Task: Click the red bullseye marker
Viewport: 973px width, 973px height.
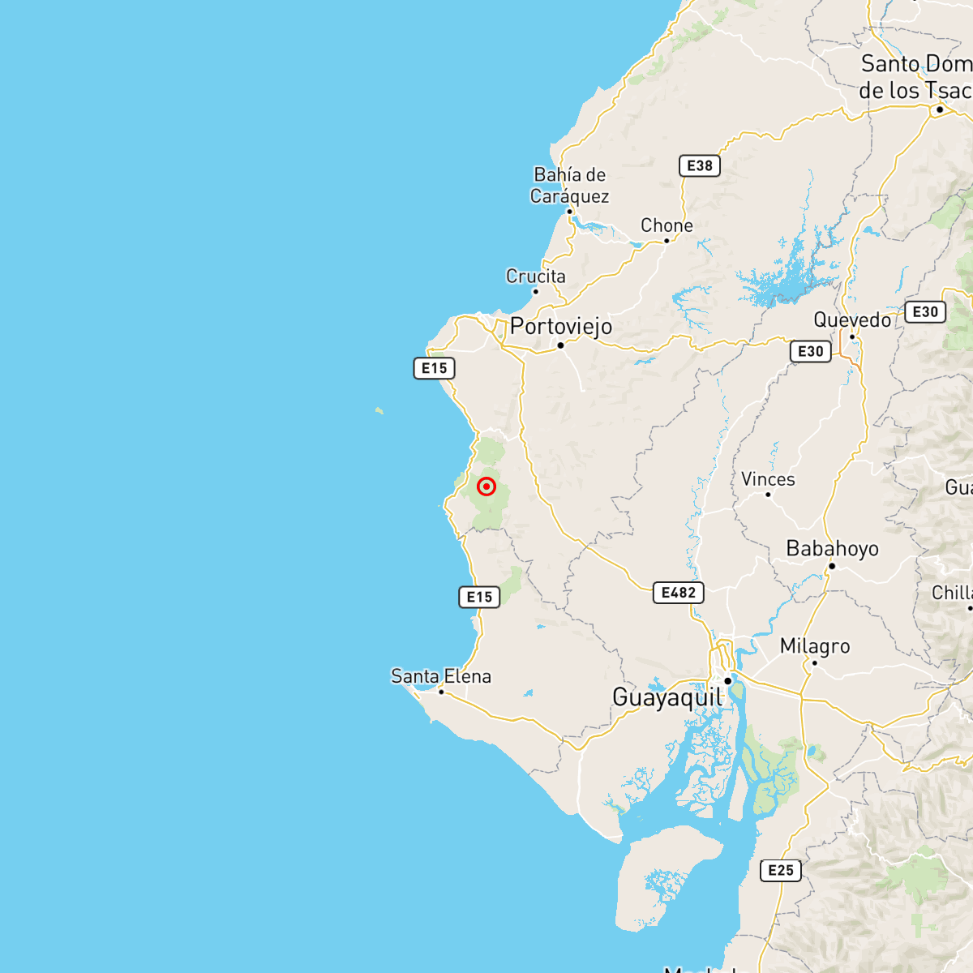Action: pos(486,486)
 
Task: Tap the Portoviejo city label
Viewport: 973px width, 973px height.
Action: pos(561,326)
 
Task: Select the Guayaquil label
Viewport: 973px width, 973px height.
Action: pos(667,697)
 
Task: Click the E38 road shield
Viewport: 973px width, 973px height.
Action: pos(699,165)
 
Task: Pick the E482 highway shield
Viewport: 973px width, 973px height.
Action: pos(678,593)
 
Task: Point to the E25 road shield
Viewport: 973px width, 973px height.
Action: pos(780,870)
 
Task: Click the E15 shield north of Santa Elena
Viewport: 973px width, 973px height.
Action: pos(479,597)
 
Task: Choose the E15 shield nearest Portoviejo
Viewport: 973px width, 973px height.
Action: pos(434,368)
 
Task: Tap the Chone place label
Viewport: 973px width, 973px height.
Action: pos(667,225)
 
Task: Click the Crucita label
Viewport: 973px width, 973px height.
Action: pos(535,276)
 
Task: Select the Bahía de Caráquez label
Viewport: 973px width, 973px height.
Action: pos(569,186)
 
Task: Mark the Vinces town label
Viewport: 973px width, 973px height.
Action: pos(768,479)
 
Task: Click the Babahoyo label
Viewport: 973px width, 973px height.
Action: pos(832,549)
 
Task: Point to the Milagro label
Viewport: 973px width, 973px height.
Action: pos(815,646)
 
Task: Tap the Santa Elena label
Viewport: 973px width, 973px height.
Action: pos(441,676)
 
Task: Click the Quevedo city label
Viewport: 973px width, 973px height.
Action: pos(852,320)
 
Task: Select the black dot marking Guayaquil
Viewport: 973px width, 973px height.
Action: pos(728,681)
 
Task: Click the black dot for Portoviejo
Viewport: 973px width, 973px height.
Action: pos(560,345)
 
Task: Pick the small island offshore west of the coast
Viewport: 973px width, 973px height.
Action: pos(379,411)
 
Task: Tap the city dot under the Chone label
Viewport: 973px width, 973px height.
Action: pos(667,241)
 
